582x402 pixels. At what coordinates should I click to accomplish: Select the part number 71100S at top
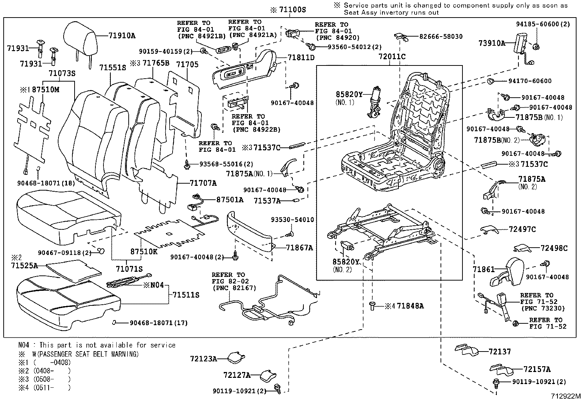tap(292, 10)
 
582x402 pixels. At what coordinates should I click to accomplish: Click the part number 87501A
tap(230, 200)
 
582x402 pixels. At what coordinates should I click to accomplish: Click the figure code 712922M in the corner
tap(566, 396)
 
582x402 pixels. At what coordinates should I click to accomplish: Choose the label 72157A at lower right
tap(537, 369)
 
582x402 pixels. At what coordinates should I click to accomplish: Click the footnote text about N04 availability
tap(97, 345)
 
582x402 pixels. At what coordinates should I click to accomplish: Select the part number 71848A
tap(410, 306)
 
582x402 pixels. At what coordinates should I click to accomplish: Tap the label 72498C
tap(554, 248)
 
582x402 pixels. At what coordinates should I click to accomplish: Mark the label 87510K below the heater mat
tap(144, 252)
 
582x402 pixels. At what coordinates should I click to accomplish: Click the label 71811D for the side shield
tap(301, 57)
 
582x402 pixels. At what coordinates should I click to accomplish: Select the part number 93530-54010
tap(292, 219)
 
